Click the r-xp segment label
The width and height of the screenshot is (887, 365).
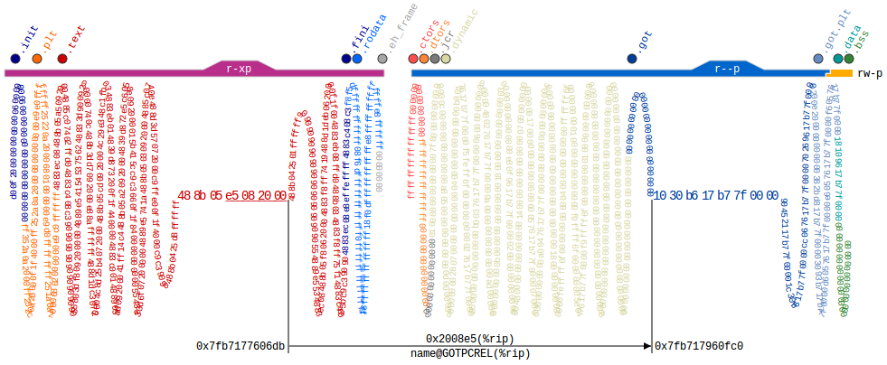click(x=239, y=68)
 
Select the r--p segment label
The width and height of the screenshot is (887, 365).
click(x=727, y=68)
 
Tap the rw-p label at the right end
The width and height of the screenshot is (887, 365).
click(x=869, y=72)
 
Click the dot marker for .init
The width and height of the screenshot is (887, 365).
click(x=15, y=59)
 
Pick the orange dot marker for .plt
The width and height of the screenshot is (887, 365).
click(x=37, y=59)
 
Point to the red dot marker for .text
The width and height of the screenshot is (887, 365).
click(x=62, y=59)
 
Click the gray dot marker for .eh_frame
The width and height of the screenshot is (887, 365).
click(x=382, y=59)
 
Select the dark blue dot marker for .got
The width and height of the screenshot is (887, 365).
click(x=632, y=59)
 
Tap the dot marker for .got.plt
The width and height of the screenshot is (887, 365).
click(x=818, y=59)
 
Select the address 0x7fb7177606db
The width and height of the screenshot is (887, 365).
click(x=241, y=346)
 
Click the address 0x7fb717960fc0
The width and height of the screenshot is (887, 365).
click(x=699, y=346)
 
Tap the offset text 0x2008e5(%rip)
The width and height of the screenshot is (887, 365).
click(x=469, y=338)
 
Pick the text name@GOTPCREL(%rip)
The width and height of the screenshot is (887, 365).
click(x=469, y=354)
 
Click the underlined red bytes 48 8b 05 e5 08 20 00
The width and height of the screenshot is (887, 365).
click(x=231, y=195)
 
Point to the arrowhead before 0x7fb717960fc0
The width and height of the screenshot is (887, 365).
click(x=646, y=346)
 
